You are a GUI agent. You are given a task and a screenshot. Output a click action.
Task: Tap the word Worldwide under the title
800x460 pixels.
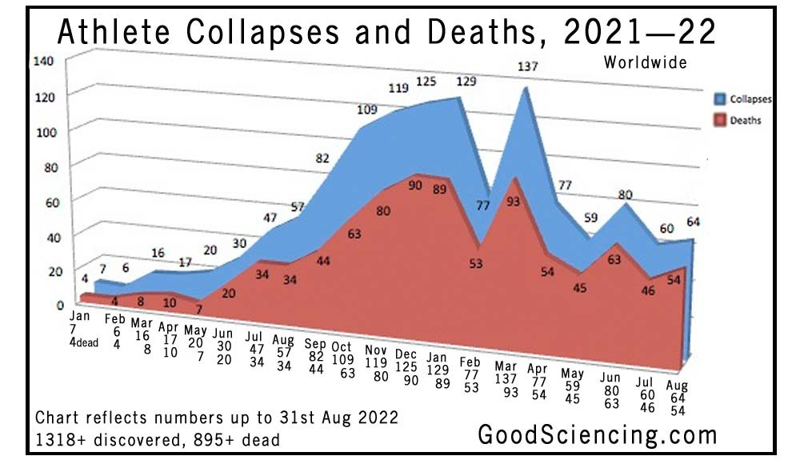[646, 62]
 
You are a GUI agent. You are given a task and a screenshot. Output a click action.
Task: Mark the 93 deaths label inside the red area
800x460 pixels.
[514, 202]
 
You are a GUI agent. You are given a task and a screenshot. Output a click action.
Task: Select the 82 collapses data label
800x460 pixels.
[322, 158]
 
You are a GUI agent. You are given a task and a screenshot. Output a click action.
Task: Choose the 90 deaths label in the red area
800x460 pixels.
[414, 186]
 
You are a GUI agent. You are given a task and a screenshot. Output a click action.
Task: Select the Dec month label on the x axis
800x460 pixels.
[406, 354]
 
